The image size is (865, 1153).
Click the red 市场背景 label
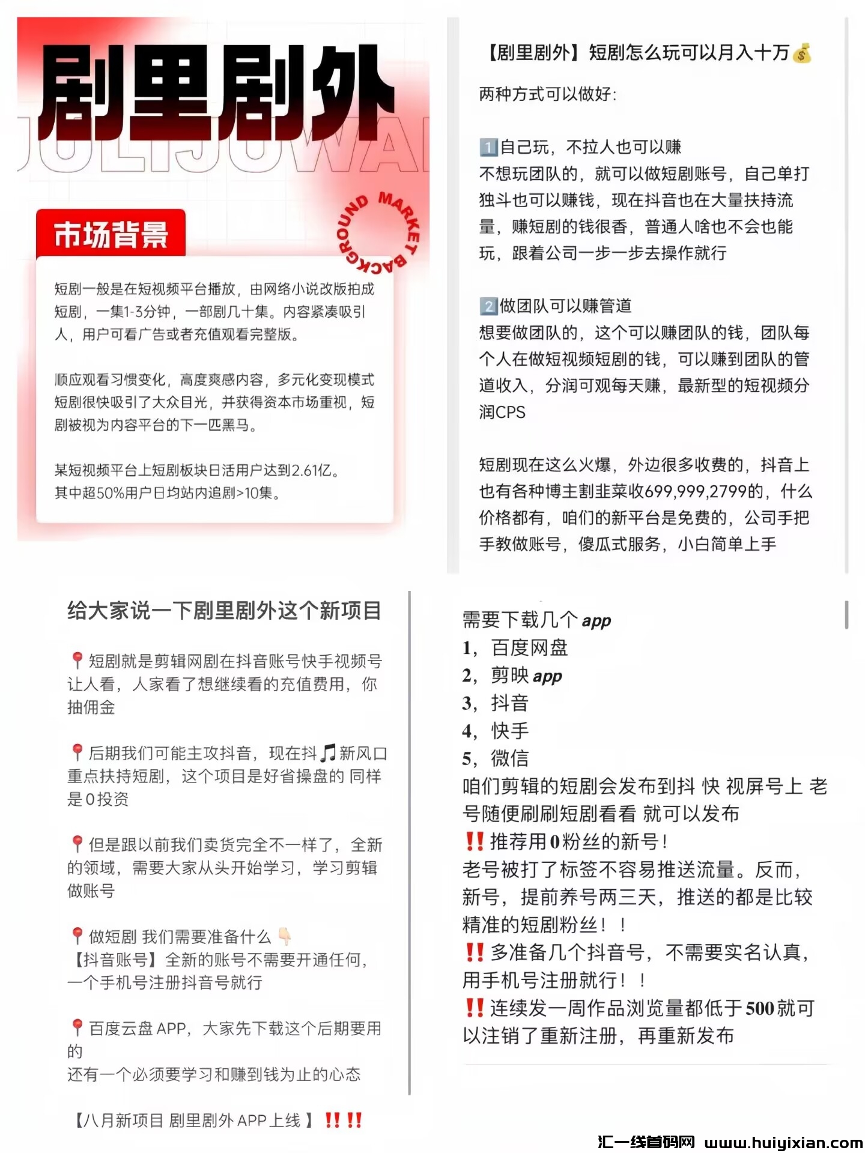(x=111, y=234)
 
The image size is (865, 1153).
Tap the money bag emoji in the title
(x=802, y=53)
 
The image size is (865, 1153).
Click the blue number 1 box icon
(x=488, y=147)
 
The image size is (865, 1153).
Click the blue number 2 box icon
(x=488, y=306)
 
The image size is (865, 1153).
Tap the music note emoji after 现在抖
(x=328, y=753)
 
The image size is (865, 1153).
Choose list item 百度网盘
(x=529, y=648)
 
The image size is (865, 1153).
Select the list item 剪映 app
(x=526, y=676)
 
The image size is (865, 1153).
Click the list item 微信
(x=510, y=758)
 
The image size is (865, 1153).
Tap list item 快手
(x=510, y=731)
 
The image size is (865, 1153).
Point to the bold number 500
(x=760, y=1008)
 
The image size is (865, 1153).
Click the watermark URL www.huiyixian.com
(x=784, y=1142)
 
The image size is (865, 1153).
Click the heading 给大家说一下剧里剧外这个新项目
(x=224, y=611)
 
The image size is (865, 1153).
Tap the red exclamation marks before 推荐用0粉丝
(x=475, y=841)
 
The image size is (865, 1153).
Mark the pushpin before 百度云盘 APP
(x=77, y=1027)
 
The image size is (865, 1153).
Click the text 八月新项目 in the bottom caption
(x=124, y=1121)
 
